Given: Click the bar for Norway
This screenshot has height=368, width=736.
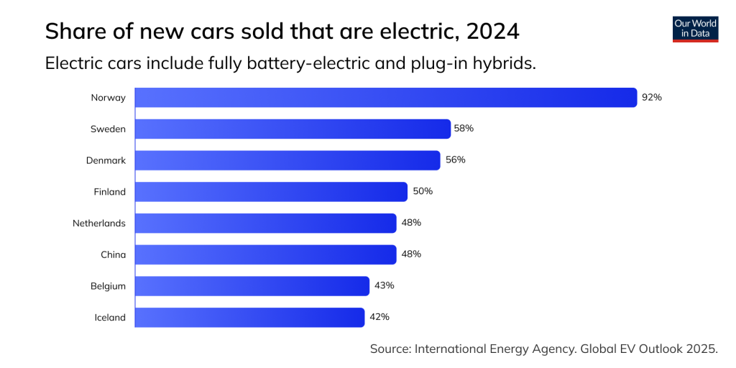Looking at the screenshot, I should pyautogui.click(x=386, y=98).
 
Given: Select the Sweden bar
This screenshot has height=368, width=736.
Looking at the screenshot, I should pyautogui.click(x=293, y=129).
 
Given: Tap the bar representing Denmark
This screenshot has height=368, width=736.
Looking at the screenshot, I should pyautogui.click(x=287, y=160).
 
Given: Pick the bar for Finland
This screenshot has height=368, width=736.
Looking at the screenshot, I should pyautogui.click(x=271, y=192).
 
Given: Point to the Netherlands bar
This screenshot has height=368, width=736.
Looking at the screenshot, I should pyautogui.click(x=265, y=223).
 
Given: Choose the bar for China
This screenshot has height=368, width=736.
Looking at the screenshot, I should pyautogui.click(x=265, y=254).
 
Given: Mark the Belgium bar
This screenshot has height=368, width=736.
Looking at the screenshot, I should pyautogui.click(x=252, y=286).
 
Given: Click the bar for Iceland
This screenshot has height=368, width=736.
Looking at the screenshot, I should pyautogui.click(x=249, y=317).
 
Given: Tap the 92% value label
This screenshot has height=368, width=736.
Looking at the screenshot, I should pyautogui.click(x=651, y=97).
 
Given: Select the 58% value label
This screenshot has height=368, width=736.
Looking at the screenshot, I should pyautogui.click(x=464, y=129).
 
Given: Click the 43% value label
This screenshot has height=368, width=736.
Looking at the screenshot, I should pyautogui.click(x=384, y=285).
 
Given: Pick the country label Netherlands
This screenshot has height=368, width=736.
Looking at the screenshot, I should pyautogui.click(x=99, y=224).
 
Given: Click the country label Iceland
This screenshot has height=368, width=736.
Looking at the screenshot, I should pyautogui.click(x=110, y=318).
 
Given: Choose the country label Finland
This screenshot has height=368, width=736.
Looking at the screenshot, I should pyautogui.click(x=109, y=192).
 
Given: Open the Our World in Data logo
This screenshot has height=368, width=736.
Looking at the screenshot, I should pyautogui.click(x=695, y=29).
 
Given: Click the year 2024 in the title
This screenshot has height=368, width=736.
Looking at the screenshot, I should pyautogui.click(x=492, y=32).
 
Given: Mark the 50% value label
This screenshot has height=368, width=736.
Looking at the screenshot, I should pyautogui.click(x=423, y=191).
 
